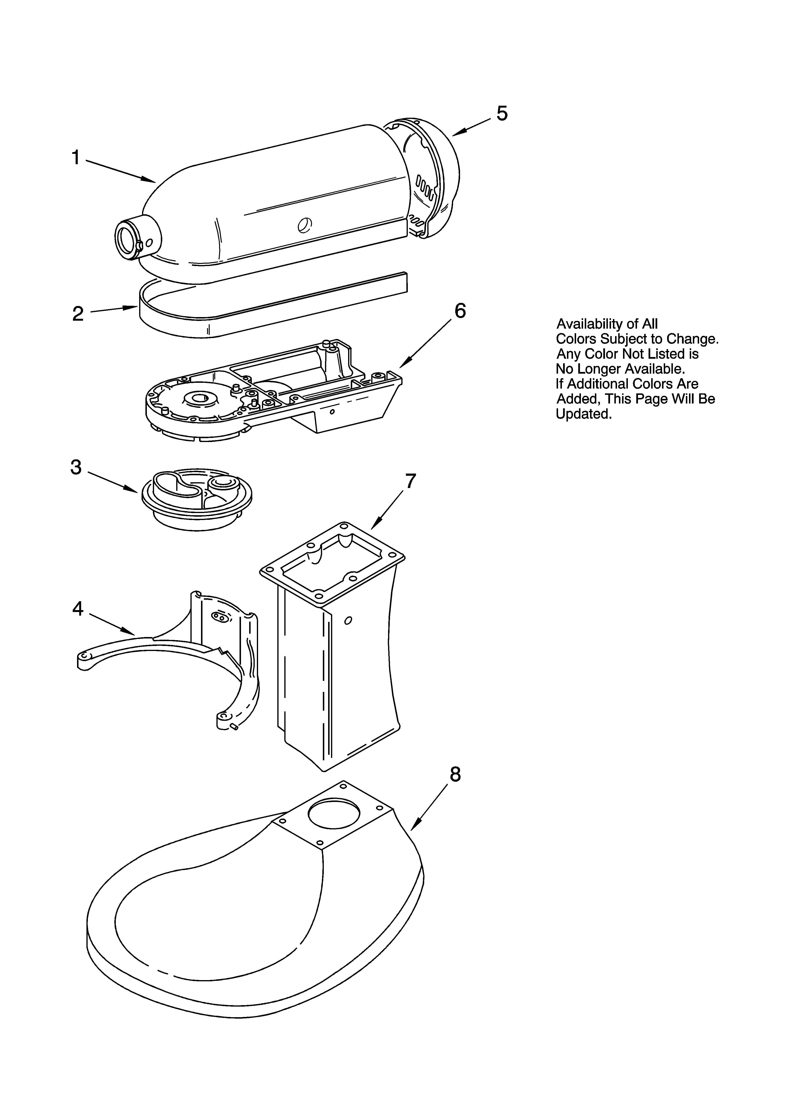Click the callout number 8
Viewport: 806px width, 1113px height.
(455, 775)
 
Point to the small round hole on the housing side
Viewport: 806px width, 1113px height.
(305, 225)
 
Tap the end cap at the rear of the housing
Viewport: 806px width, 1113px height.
(432, 179)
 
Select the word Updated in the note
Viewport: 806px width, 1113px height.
(584, 414)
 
